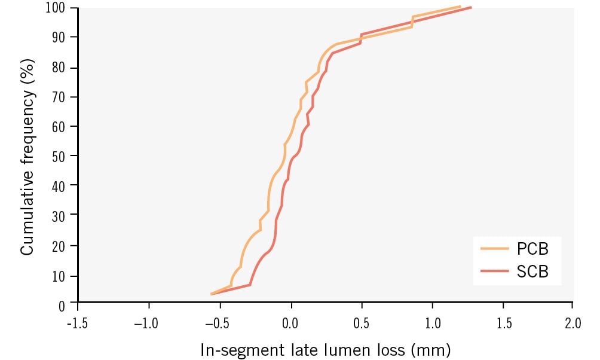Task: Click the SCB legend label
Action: point(532,272)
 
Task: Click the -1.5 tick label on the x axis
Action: point(78,324)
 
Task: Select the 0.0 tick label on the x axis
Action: point(290,324)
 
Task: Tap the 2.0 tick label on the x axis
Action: point(573,324)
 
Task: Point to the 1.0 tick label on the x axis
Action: point(432,324)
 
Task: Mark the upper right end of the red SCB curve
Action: point(471,8)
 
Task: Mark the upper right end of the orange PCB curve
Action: point(460,7)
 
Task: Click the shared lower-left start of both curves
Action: point(212,294)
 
